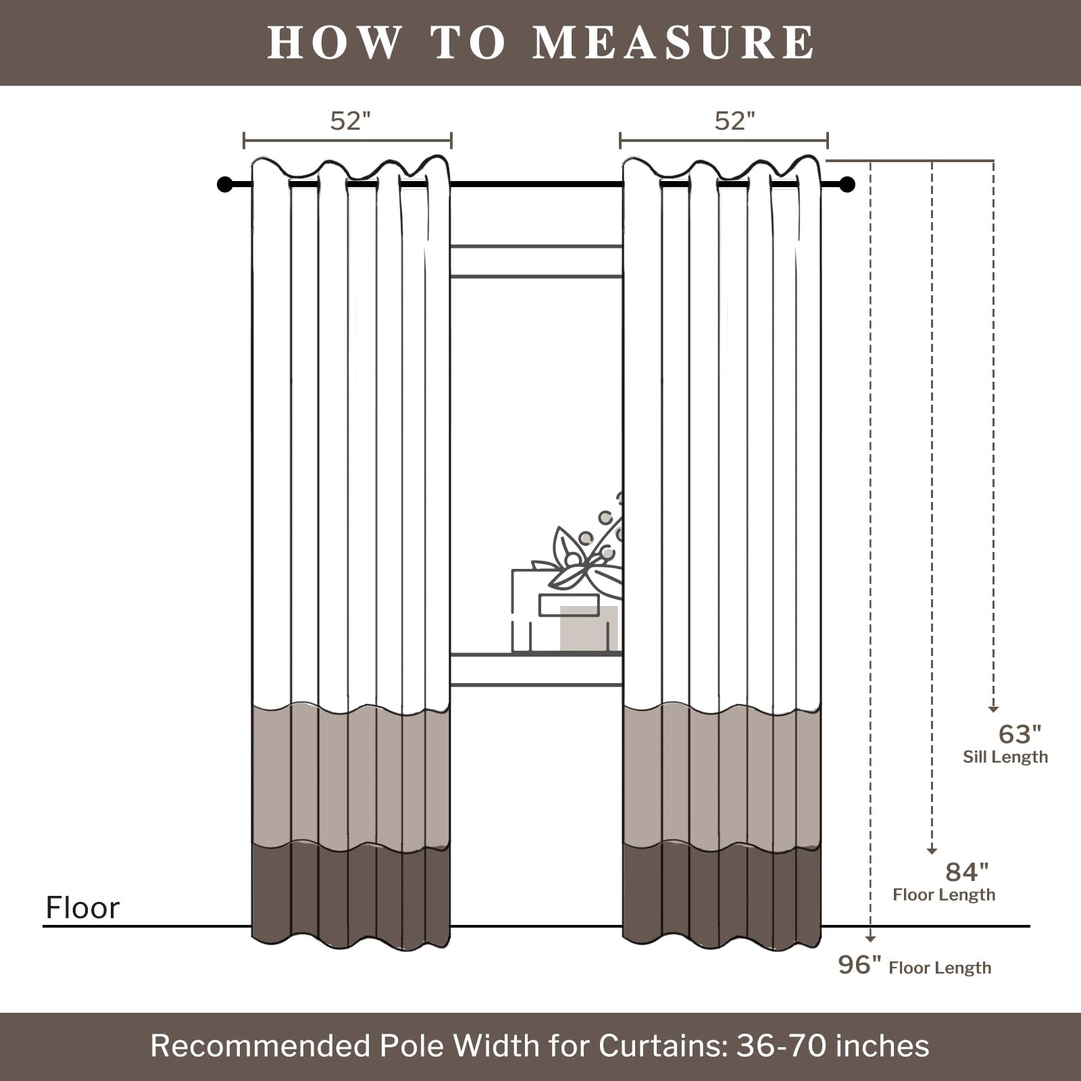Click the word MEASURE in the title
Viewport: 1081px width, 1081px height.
tap(674, 42)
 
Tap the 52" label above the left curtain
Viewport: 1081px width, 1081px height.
tap(350, 121)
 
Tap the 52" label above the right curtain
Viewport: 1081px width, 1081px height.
tap(734, 121)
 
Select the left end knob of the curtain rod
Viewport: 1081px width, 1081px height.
tap(225, 184)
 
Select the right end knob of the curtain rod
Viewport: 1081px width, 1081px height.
tap(847, 184)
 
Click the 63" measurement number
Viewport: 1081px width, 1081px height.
tap(1020, 734)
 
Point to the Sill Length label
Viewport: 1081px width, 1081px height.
tap(1005, 757)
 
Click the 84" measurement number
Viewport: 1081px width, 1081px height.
tap(967, 872)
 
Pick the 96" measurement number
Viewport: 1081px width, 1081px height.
tap(860, 965)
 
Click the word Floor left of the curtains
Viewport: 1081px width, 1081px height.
tap(82, 907)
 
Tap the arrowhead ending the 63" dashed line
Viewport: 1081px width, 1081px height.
tap(993, 709)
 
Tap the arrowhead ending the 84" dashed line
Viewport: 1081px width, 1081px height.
tap(932, 851)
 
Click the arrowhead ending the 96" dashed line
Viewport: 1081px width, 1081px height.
tap(871, 938)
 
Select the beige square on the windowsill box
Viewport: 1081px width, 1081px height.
tap(589, 628)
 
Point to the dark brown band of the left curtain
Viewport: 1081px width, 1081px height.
tap(351, 894)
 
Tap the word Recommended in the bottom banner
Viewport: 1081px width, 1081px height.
tap(260, 1045)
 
